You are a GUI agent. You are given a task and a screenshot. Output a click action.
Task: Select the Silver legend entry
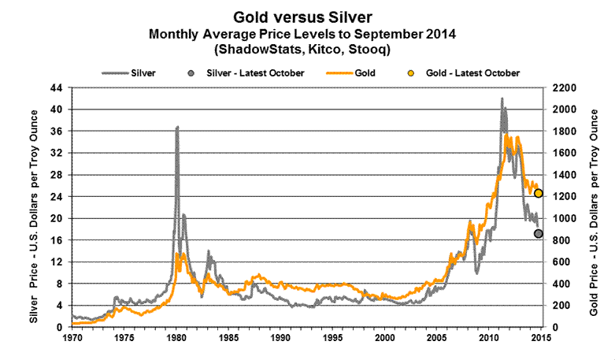point(129,72)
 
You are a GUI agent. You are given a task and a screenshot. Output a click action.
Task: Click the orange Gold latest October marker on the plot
point(539,193)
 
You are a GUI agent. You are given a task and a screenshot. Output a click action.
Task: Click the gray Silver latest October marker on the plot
point(539,233)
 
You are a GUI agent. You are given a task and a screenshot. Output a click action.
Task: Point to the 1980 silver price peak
point(177,127)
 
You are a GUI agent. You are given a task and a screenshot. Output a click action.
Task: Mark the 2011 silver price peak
point(502,99)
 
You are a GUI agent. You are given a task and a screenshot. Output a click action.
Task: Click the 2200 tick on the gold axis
point(562,87)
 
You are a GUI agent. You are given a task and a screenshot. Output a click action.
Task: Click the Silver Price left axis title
point(33,206)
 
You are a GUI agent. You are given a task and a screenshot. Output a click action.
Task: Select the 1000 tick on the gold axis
point(562,218)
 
